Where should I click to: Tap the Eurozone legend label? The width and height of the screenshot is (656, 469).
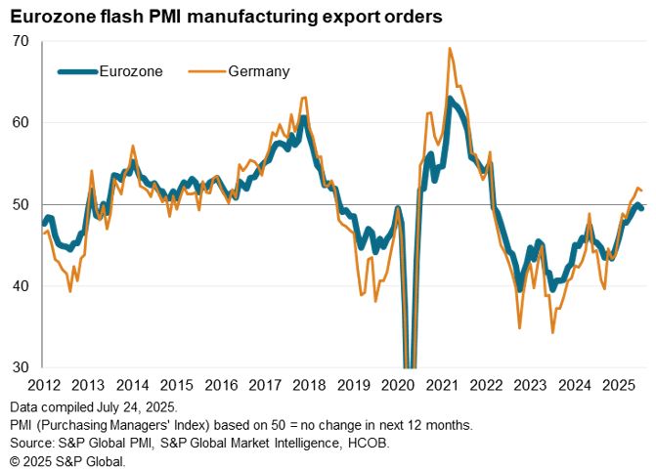(x=131, y=70)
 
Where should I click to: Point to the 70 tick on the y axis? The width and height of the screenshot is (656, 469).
(x=21, y=41)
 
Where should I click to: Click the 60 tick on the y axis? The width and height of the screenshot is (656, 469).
(x=21, y=123)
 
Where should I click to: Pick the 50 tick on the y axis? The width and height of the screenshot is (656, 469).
(x=21, y=204)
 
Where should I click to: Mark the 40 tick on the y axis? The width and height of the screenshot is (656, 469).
(x=21, y=286)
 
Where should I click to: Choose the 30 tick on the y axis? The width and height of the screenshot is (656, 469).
(x=21, y=367)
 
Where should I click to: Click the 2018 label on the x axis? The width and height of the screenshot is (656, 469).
(x=313, y=385)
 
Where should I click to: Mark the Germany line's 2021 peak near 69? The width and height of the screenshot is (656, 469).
(x=449, y=48)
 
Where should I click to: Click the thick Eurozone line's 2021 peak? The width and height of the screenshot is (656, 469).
(x=450, y=98)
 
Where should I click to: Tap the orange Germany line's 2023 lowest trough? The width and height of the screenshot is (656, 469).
(x=552, y=333)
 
